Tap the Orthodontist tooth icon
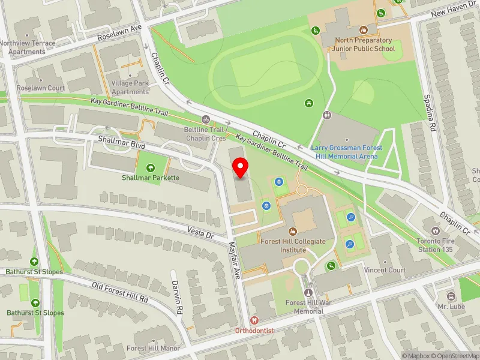point(254,322)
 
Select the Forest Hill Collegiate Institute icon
point(293,231)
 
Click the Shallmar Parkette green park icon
point(150,168)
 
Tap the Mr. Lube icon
point(451,296)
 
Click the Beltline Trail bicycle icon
point(206,119)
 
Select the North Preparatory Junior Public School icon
point(363,29)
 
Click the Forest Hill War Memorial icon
point(310,292)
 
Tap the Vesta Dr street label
point(202,235)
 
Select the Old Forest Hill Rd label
point(120,292)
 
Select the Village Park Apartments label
point(130,88)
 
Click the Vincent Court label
point(385,270)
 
